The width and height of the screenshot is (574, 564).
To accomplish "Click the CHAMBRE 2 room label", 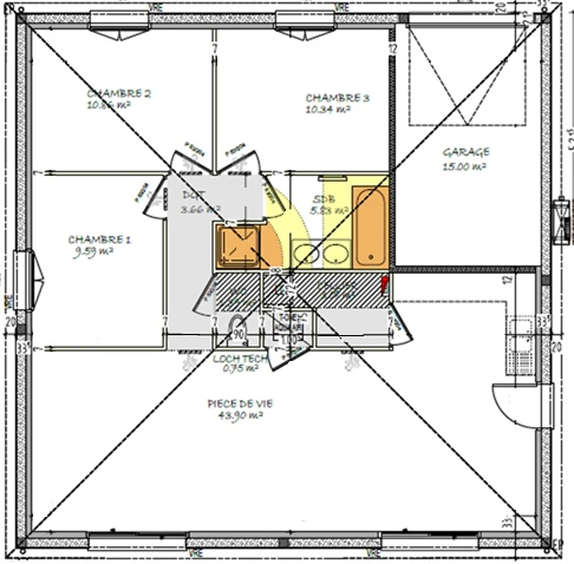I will pos(119,94).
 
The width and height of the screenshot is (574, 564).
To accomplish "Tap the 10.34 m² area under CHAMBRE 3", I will pos(328,110).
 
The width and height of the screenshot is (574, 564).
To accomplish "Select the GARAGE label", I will pos(466,152).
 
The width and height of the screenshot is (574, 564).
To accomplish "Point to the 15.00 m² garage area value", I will pos(464,166).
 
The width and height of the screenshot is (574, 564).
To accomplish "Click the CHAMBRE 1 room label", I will pos(100,240).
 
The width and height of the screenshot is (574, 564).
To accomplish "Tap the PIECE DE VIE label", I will pos(240,404).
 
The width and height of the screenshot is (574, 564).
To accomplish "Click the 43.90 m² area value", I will pos(241,415).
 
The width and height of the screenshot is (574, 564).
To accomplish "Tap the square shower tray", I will pos(238,246).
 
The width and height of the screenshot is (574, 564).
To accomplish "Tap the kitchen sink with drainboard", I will pos(520,347).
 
